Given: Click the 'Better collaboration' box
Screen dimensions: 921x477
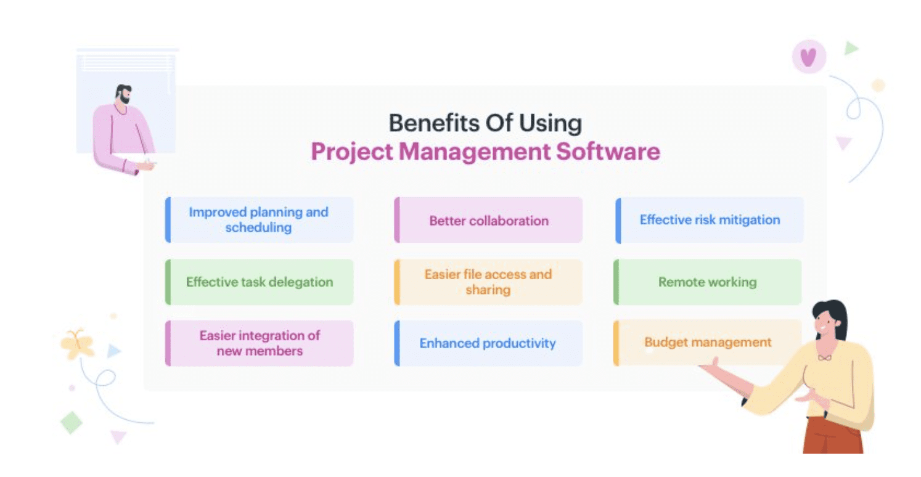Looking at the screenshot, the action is [x=488, y=220].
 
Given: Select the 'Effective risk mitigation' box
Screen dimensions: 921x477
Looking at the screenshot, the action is [x=710, y=220].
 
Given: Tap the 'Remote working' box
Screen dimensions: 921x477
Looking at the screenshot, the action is [x=707, y=282].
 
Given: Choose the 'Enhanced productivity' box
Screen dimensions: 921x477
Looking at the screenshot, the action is [x=488, y=343].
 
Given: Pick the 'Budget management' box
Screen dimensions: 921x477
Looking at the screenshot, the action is [x=707, y=343].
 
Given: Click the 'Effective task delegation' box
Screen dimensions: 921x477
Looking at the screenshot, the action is [x=259, y=282].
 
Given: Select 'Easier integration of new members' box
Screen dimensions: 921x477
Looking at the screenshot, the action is [x=259, y=343].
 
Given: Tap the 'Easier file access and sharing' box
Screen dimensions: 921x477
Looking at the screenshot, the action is [x=488, y=282].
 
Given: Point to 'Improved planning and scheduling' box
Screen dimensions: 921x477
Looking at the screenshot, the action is [x=259, y=220].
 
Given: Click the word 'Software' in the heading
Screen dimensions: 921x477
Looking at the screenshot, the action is [x=608, y=152].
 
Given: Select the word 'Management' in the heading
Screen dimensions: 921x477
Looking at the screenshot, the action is [x=475, y=152].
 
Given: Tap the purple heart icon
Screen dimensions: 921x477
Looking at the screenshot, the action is [x=809, y=57].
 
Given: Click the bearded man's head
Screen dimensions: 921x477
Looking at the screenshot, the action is [x=123, y=94].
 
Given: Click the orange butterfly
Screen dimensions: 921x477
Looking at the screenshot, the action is [x=77, y=344].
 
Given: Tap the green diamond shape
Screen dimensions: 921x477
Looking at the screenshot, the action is [x=71, y=422].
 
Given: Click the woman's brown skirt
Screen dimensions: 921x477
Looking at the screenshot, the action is [x=833, y=436].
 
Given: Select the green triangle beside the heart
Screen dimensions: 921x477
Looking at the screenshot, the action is [x=851, y=48].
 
